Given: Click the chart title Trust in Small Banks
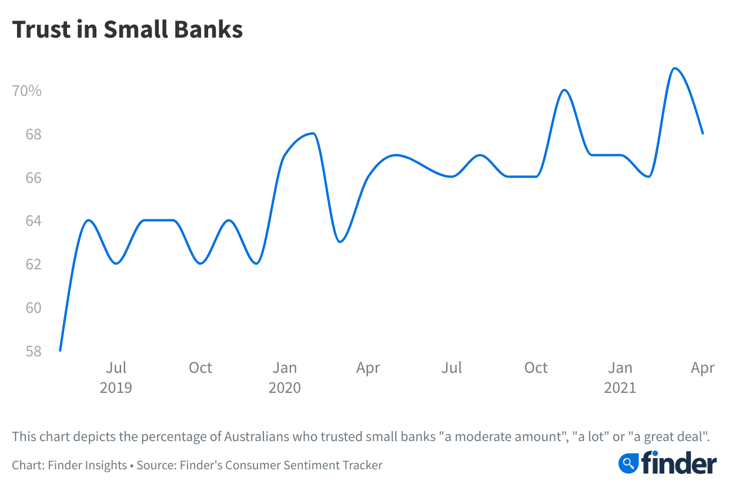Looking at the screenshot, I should click(x=128, y=29).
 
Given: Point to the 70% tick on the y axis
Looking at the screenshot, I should click(x=27, y=91).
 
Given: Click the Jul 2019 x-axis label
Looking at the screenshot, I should click(x=116, y=377).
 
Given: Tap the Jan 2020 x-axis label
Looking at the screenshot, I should click(x=285, y=377).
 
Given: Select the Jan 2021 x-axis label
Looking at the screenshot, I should click(x=620, y=377).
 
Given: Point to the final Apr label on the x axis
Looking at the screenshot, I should click(x=703, y=368).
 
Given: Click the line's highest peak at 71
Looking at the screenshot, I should click(x=675, y=68).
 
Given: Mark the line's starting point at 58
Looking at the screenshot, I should click(x=61, y=351).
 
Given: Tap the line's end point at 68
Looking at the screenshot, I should click(x=703, y=133).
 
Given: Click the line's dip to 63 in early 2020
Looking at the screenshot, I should click(x=340, y=242).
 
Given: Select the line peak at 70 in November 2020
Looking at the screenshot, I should click(x=564, y=90).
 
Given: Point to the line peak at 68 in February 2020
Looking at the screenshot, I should click(x=313, y=133).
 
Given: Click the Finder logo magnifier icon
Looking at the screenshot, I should click(x=628, y=463).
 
